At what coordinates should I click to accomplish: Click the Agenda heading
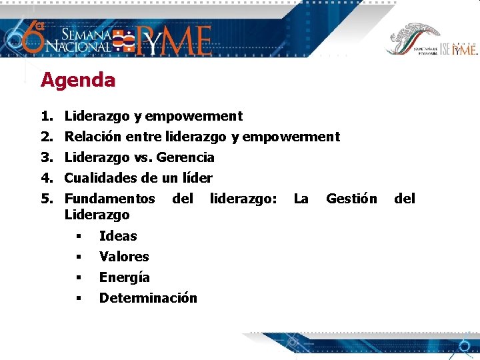click(78, 81)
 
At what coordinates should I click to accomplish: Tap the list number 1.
click(46, 117)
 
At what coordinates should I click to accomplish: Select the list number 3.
click(46, 158)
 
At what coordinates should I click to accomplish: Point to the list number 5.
click(46, 199)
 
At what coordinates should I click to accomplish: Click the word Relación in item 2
click(93, 137)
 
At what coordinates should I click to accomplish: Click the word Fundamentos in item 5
click(109, 199)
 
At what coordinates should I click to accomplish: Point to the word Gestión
click(351, 199)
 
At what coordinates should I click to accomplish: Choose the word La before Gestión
click(301, 199)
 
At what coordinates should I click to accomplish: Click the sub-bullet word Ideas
click(118, 236)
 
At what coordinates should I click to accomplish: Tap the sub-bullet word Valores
click(124, 257)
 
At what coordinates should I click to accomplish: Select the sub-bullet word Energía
click(125, 277)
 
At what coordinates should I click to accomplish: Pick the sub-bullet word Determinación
click(148, 298)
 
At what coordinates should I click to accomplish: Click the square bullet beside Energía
click(78, 278)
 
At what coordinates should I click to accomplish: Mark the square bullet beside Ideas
click(78, 237)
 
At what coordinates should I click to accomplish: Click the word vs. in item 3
click(145, 158)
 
